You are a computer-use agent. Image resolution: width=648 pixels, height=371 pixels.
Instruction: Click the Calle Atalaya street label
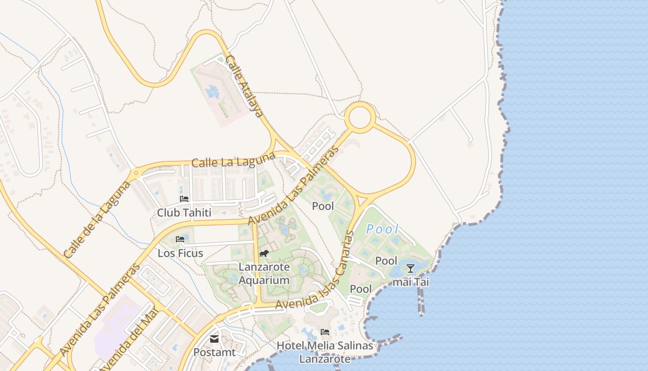point(244,86)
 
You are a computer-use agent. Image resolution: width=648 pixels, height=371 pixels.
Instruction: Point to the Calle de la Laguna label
point(91,220)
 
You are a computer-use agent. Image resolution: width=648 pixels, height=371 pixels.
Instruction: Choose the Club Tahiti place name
point(184,213)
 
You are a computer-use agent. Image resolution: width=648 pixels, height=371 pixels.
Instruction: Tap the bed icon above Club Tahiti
point(184,199)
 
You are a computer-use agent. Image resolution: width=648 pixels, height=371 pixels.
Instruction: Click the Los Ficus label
point(180,253)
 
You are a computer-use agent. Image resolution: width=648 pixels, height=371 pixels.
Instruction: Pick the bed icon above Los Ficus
point(180,239)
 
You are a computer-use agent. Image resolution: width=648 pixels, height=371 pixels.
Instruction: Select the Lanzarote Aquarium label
point(264,274)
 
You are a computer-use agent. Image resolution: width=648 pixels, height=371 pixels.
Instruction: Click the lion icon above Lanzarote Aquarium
point(264,253)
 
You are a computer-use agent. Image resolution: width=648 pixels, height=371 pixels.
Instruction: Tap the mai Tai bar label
point(411,282)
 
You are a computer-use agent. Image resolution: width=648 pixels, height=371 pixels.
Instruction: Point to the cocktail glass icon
point(411,269)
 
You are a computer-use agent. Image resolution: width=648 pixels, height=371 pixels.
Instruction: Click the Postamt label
point(214,352)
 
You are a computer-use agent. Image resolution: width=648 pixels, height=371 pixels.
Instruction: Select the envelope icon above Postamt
point(214,339)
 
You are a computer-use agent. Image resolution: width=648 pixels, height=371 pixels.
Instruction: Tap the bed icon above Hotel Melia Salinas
point(325,332)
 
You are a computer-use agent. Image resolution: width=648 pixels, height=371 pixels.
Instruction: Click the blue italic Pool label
point(382,229)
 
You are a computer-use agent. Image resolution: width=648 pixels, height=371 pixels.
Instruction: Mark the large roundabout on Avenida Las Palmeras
point(361,117)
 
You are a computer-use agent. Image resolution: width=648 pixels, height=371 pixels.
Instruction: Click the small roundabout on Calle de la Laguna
point(136,174)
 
